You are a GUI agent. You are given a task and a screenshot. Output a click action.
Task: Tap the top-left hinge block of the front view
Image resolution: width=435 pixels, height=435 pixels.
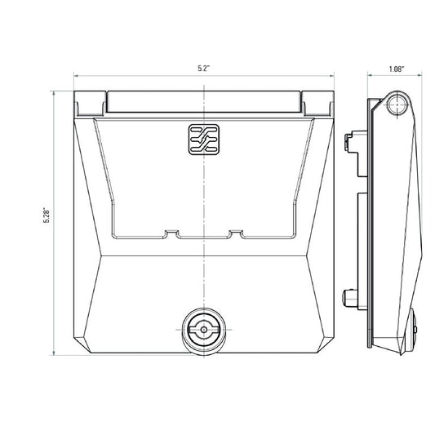[x=89, y=102]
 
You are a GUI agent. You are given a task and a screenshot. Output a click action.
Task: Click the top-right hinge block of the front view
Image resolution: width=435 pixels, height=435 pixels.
[x=315, y=102]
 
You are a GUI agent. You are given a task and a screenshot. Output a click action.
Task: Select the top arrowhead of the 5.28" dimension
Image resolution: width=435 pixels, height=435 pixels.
[x=55, y=93]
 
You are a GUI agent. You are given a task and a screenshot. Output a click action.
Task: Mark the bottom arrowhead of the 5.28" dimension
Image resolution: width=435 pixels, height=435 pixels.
[x=55, y=353]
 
